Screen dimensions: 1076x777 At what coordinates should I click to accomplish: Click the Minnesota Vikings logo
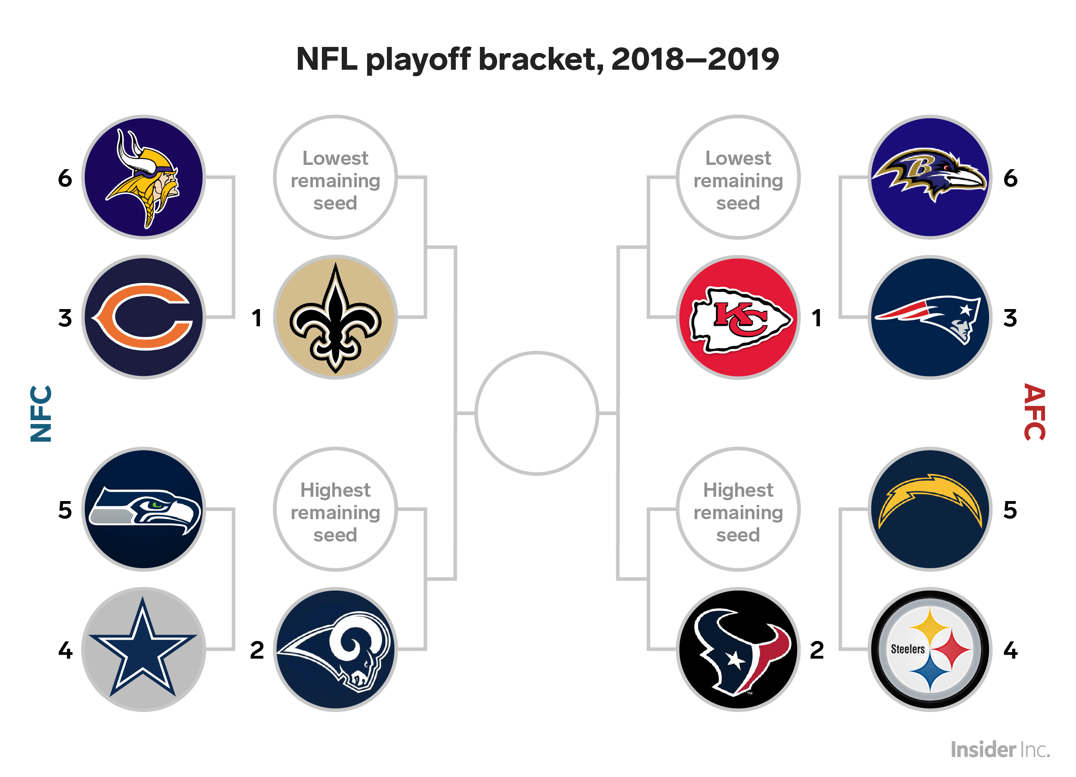click(x=144, y=177)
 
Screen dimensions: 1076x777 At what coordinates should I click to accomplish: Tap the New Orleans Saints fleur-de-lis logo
click(x=335, y=317)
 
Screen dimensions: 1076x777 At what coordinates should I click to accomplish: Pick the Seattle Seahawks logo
click(x=144, y=509)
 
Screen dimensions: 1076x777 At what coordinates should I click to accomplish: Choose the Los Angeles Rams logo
click(x=335, y=649)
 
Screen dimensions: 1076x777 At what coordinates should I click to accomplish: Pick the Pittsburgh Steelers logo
click(x=930, y=649)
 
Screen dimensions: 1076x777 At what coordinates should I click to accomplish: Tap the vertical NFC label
click(x=41, y=413)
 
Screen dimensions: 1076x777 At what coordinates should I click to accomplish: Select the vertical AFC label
click(x=1035, y=412)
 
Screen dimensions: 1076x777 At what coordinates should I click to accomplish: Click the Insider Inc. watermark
click(x=1001, y=750)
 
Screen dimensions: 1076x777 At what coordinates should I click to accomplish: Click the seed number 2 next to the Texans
click(x=816, y=650)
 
